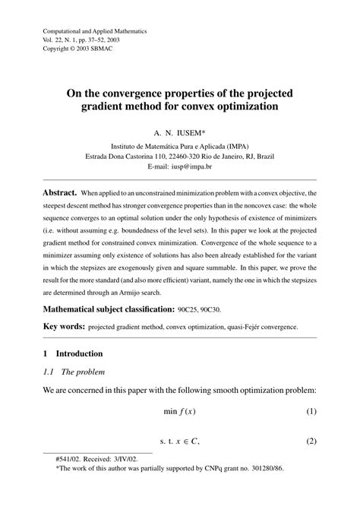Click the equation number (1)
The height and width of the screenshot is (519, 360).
point(311,411)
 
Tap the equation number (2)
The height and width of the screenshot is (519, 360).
point(311,440)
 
